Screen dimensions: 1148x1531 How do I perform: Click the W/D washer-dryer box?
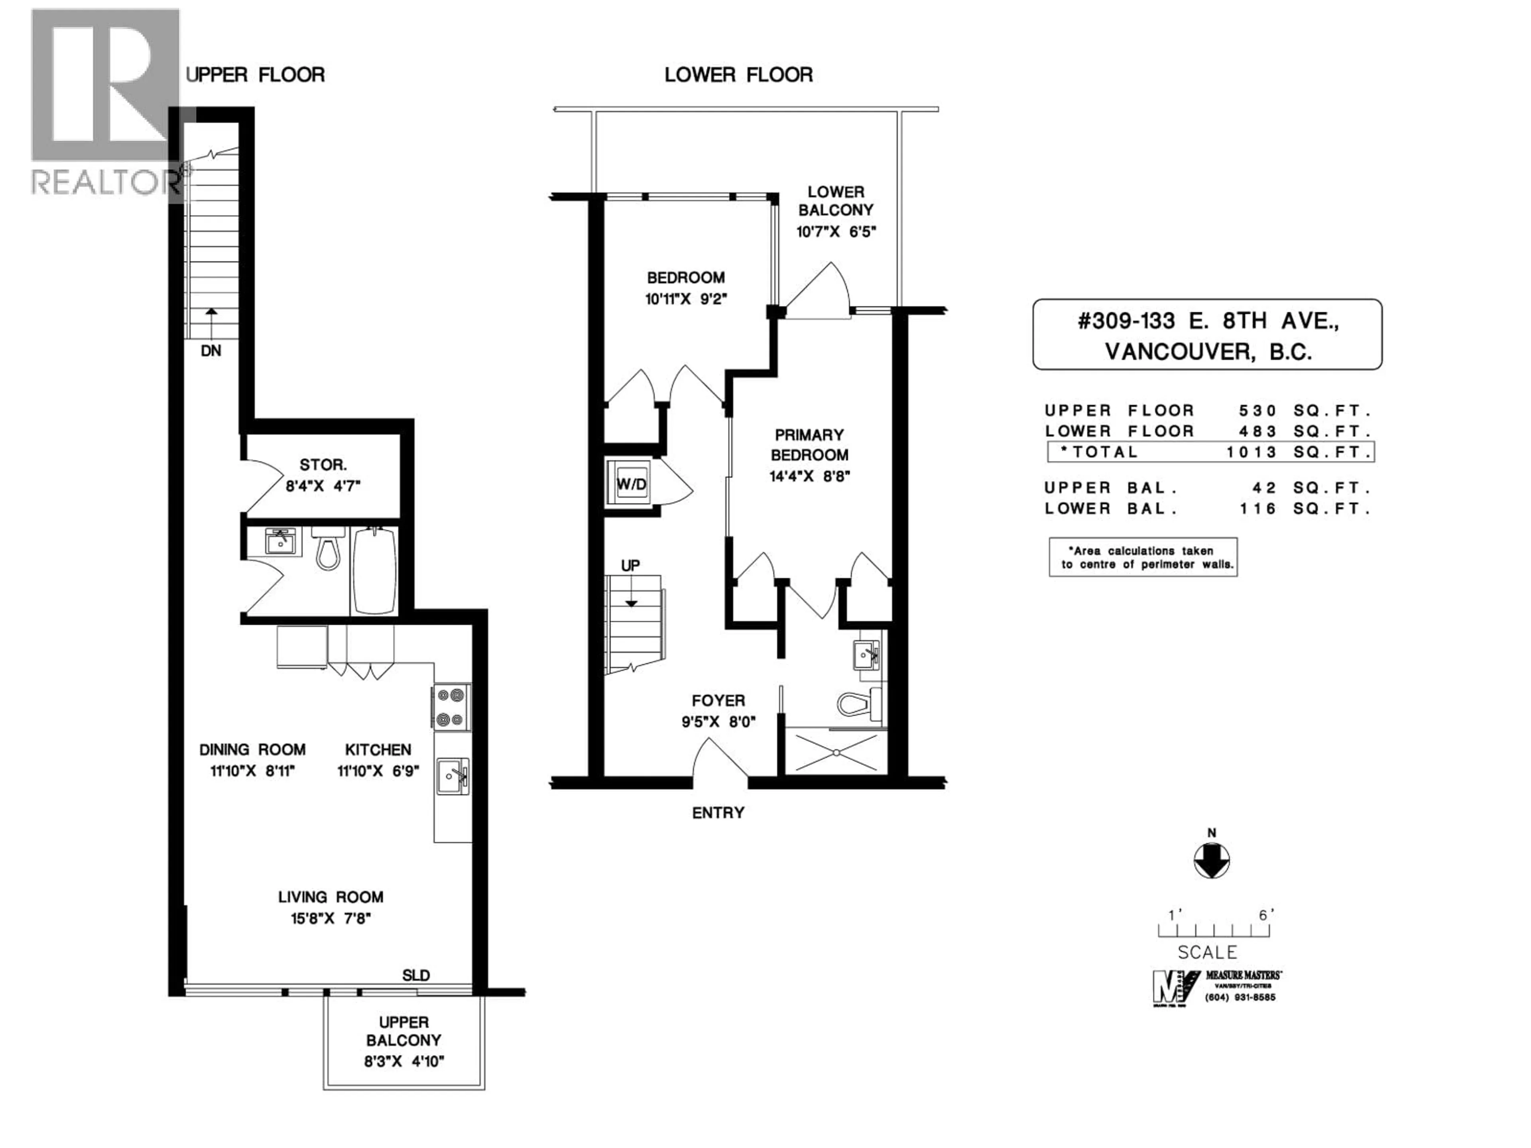[631, 484]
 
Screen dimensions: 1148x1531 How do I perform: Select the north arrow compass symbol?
[1211, 860]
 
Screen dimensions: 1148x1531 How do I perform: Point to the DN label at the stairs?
[211, 351]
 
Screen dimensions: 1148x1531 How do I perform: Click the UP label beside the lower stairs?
[630, 565]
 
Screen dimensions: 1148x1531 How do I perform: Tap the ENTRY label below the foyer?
[718, 812]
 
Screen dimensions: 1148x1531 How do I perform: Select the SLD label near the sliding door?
[416, 975]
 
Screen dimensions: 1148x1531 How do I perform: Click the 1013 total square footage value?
[1252, 452]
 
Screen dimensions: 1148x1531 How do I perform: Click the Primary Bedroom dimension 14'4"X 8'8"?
[809, 476]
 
